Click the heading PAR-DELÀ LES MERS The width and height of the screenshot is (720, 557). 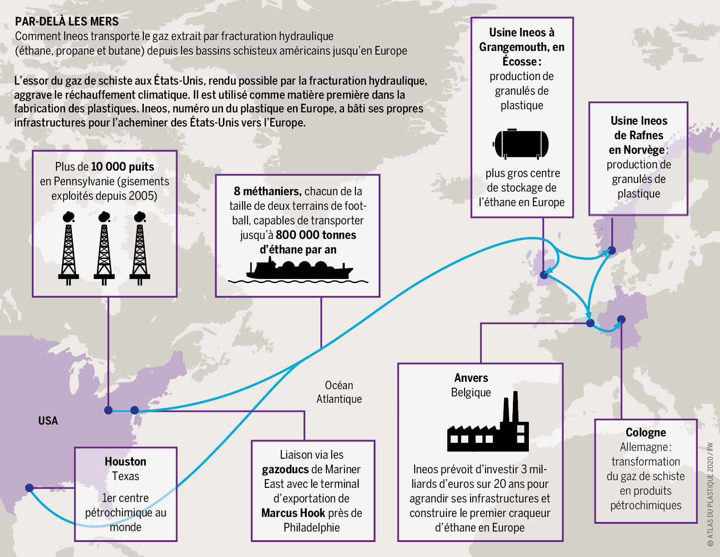click(66, 21)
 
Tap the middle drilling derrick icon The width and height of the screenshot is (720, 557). click(104, 248)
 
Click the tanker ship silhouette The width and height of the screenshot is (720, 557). click(299, 270)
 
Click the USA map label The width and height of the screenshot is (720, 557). click(48, 420)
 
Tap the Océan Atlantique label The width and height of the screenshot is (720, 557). click(339, 392)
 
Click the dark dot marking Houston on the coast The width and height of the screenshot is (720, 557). click(29, 488)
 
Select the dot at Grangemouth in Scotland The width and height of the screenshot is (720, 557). click(544, 275)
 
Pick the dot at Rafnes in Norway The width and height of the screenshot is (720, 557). click(612, 250)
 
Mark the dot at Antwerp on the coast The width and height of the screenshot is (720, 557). click(590, 323)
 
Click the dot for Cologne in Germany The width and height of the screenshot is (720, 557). click(621, 319)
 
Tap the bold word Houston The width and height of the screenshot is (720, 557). click(125, 461)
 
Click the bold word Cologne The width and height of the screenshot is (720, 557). click(646, 432)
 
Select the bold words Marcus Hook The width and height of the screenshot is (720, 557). click(293, 513)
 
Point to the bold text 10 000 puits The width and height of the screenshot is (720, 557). click(122, 167)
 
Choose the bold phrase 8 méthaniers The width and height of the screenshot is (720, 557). click(268, 192)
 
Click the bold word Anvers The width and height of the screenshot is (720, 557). click(471, 378)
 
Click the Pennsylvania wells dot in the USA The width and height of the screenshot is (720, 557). click(108, 410)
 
